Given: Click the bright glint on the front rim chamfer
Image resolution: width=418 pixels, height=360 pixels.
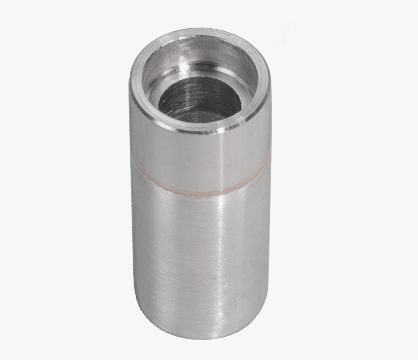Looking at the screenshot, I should pos(224,127).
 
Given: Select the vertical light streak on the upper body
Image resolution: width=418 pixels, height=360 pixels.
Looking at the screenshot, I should pos(219,156).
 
